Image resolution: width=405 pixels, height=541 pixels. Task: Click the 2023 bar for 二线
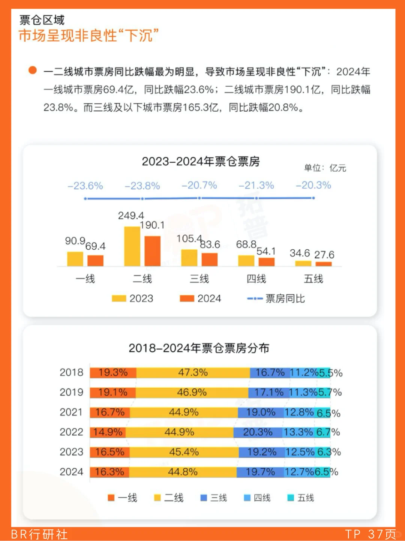point(132,246)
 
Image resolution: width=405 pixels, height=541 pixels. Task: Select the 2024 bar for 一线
point(95,261)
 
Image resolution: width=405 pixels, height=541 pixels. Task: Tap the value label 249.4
point(130,216)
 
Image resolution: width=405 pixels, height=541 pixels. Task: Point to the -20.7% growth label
point(199,185)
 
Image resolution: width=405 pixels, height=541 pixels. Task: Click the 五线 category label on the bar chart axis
point(313,279)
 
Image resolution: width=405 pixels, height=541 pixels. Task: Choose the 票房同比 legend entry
point(276,298)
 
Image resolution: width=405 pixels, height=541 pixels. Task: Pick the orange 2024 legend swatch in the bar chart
point(187,298)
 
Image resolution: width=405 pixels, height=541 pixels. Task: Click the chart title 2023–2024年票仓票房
point(201,162)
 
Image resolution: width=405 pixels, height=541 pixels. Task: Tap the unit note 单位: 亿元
point(325,168)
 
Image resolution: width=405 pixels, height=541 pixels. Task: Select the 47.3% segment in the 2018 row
point(193,373)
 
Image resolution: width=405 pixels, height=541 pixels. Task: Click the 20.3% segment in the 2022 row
point(258,432)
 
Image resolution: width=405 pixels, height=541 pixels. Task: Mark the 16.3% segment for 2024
point(109,472)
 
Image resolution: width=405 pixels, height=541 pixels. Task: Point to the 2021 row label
point(71,412)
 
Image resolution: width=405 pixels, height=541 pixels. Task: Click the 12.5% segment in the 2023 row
point(300,452)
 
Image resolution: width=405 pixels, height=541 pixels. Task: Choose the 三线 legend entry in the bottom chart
point(214,498)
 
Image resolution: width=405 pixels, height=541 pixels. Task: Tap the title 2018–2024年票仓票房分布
point(199,348)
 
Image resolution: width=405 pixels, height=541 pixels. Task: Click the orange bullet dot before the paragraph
point(33,70)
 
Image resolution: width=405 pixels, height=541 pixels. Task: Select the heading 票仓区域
point(42,20)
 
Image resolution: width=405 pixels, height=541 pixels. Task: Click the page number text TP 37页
point(370,534)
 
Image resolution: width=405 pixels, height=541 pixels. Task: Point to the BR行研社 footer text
point(39,534)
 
